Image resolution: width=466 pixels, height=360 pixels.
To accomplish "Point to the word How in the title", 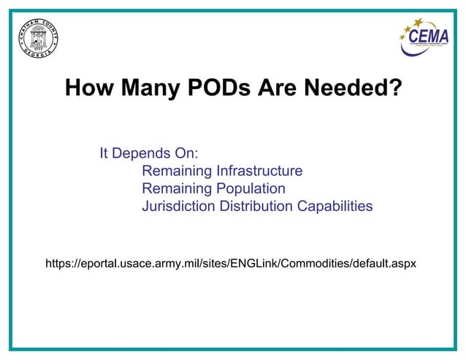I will tap(89, 89).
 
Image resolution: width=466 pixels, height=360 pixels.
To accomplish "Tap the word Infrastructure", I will tap(259, 172).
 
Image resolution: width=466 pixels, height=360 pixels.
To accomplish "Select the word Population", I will tap(249, 189).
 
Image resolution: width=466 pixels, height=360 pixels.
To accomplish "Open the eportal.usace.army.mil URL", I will tap(231, 262).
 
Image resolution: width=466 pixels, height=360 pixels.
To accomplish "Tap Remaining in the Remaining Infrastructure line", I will tap(177, 172).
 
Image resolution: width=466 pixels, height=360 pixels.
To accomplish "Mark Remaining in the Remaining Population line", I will tap(177, 189).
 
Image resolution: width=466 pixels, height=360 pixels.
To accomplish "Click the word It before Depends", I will tap(104, 154).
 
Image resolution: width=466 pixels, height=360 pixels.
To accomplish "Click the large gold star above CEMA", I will tap(418, 23).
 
